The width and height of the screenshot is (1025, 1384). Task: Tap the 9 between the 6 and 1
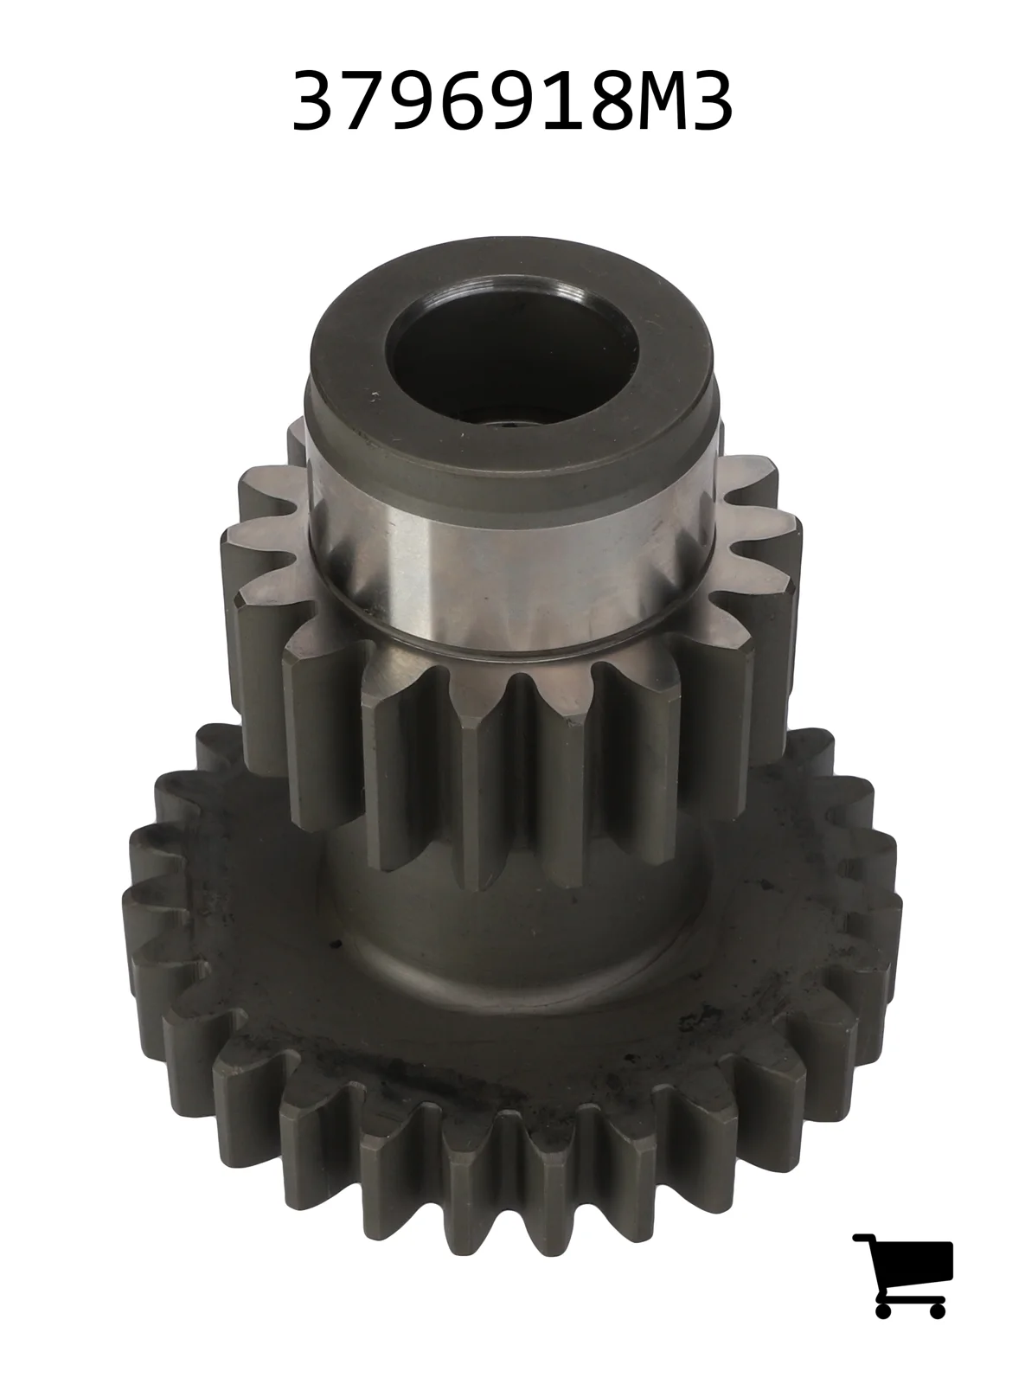(497, 100)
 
